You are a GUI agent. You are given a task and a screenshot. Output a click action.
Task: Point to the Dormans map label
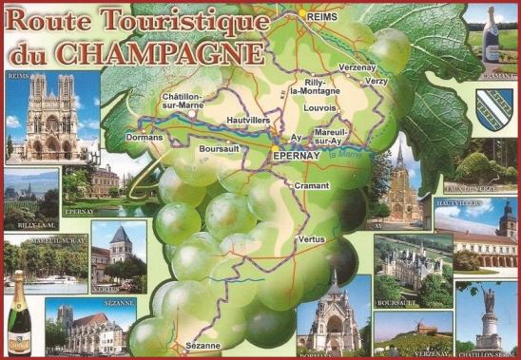pos(144,138)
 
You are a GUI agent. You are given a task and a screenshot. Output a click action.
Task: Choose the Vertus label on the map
pos(311,239)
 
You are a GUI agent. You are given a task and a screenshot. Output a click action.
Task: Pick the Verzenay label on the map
pos(358,67)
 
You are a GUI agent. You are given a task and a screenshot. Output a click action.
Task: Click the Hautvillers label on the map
pos(252,121)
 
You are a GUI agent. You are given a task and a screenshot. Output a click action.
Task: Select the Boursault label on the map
pos(220,149)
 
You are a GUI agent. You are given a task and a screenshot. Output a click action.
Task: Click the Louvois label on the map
pos(319,108)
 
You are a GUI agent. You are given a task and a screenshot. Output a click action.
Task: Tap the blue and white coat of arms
pos(491,104)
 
